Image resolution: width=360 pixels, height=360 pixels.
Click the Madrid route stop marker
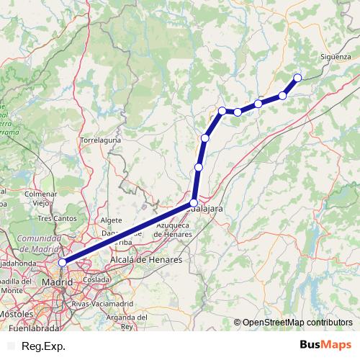click(63, 263)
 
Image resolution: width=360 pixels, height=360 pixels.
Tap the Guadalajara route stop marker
click(194, 203)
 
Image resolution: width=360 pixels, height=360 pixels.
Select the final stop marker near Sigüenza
click(297, 78)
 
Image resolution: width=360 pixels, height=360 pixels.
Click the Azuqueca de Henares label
click(172, 231)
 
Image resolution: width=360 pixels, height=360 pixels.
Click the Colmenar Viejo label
click(40, 199)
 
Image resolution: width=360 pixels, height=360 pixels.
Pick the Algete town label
click(112, 220)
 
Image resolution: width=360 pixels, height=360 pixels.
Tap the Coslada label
click(96, 279)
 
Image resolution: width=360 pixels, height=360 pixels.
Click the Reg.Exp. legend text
click(41, 346)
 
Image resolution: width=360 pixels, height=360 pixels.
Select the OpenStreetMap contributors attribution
click(297, 322)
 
